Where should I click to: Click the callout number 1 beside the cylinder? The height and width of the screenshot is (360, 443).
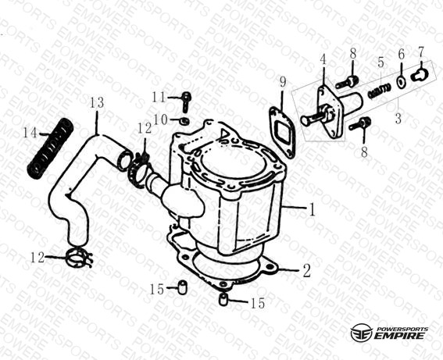pyautogui.click(x=312, y=210)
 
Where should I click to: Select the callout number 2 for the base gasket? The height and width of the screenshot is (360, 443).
pyautogui.click(x=306, y=271)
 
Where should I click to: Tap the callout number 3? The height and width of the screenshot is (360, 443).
pyautogui.click(x=398, y=118)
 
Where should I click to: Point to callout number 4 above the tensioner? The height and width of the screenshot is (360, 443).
pyautogui.click(x=323, y=60)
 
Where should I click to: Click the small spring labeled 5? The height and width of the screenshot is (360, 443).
pyautogui.click(x=380, y=90)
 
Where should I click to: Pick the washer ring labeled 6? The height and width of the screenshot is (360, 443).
pyautogui.click(x=400, y=81)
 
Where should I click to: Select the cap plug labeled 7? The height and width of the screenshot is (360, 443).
pyautogui.click(x=420, y=74)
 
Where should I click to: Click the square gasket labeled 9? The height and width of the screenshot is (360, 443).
pyautogui.click(x=282, y=131)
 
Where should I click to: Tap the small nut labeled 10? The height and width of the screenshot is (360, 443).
pyautogui.click(x=184, y=121)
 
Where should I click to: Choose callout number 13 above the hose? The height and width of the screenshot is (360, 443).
pyautogui.click(x=97, y=103)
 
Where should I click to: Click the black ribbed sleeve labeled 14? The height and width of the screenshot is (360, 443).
pyautogui.click(x=50, y=148)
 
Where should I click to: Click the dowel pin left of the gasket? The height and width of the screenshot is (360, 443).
pyautogui.click(x=182, y=287)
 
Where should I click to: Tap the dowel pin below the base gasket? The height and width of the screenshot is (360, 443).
pyautogui.click(x=223, y=299)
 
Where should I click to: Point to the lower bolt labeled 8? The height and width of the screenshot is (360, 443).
pyautogui.click(x=360, y=124)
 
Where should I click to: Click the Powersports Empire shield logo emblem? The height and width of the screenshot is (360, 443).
pyautogui.click(x=361, y=332)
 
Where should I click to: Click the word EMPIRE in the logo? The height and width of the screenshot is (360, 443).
pyautogui.click(x=399, y=336)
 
